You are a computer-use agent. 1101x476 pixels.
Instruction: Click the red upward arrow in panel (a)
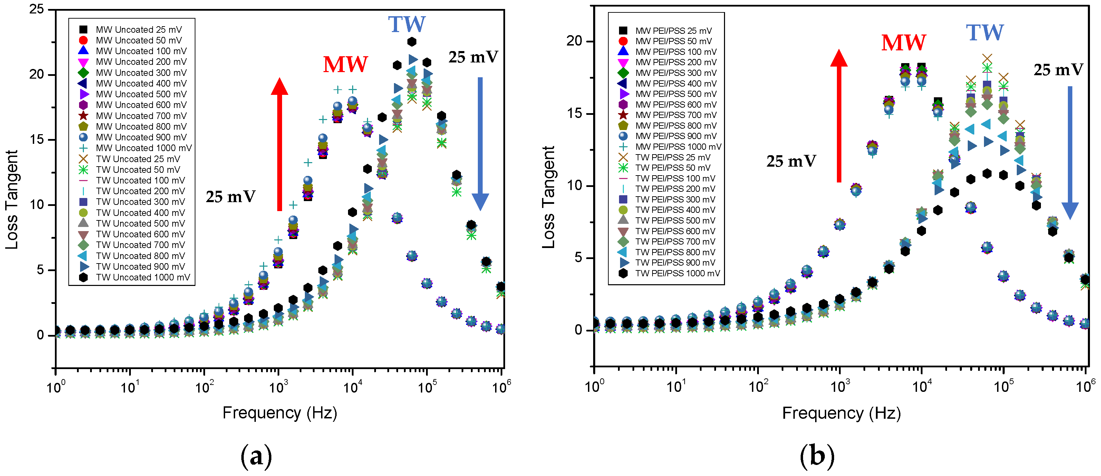(x=280, y=145)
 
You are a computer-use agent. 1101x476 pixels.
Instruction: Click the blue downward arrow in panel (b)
(x=1070, y=154)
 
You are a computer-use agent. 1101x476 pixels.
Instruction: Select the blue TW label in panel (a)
(x=406, y=24)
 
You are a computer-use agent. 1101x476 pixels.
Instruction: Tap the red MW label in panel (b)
(x=904, y=43)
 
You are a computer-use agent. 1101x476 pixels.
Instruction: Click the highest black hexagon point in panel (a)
(x=412, y=41)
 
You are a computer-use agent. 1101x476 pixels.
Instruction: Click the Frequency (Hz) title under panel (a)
(x=280, y=413)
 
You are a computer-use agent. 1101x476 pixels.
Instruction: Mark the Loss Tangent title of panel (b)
(x=548, y=197)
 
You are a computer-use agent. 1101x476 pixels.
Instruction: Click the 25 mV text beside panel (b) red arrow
(x=791, y=161)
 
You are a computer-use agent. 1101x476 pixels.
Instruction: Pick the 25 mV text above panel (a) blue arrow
(x=473, y=57)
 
